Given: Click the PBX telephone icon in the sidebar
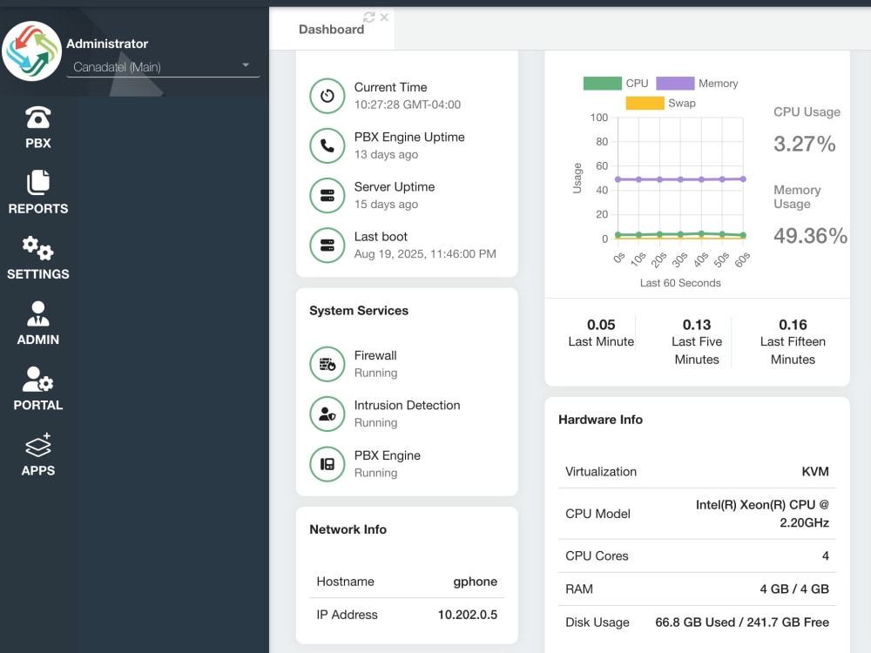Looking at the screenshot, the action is click(x=37, y=118).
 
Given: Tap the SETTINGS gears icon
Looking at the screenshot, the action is click(x=37, y=247).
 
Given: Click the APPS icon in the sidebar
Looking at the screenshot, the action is click(x=37, y=445).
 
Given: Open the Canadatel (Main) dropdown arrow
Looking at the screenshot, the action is click(x=246, y=65).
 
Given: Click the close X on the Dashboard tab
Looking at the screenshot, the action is click(x=384, y=17).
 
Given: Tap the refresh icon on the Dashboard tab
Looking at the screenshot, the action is click(x=368, y=17).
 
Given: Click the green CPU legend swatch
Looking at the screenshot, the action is click(x=602, y=84).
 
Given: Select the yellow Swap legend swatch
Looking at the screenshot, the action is click(x=645, y=104).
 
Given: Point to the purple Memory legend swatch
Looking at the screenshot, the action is click(x=675, y=84).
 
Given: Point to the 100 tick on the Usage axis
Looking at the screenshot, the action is click(x=599, y=118).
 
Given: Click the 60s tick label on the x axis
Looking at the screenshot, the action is click(x=742, y=259).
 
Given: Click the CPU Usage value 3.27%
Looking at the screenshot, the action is click(x=804, y=144).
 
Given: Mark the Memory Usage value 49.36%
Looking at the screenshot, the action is click(x=810, y=235).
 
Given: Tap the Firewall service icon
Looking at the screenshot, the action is click(x=327, y=364).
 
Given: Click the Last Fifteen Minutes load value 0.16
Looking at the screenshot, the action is click(x=793, y=325).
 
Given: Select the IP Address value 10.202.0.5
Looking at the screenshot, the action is click(x=467, y=615).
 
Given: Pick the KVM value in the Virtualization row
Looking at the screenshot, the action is click(x=815, y=471).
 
